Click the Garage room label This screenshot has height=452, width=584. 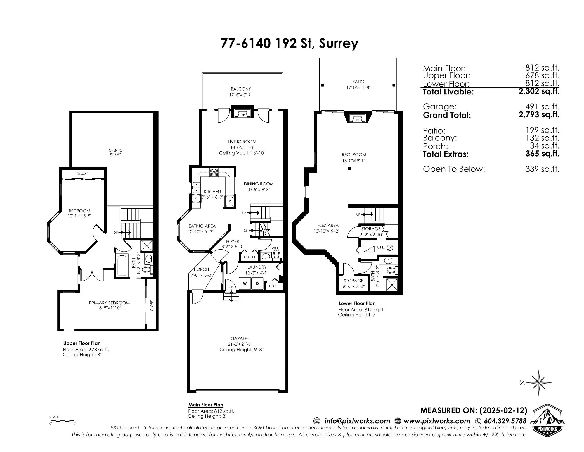point(240,338)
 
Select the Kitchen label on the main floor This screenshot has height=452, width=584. point(212,192)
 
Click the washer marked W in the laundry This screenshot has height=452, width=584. point(245,283)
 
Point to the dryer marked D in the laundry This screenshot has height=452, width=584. point(257,283)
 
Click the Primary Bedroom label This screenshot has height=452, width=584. point(109,303)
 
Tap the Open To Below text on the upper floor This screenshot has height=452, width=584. point(115,152)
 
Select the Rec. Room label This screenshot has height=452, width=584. point(354,155)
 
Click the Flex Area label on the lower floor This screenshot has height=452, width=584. point(328,226)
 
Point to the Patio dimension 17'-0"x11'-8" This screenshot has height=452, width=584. point(358,87)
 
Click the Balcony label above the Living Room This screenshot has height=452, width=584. point(241,89)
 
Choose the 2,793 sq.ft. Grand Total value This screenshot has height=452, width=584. point(539,114)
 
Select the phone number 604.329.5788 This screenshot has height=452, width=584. point(505,421)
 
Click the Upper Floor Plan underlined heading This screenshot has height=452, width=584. point(82,343)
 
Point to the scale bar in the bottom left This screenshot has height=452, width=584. point(62,421)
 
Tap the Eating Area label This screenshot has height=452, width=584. point(202,226)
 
